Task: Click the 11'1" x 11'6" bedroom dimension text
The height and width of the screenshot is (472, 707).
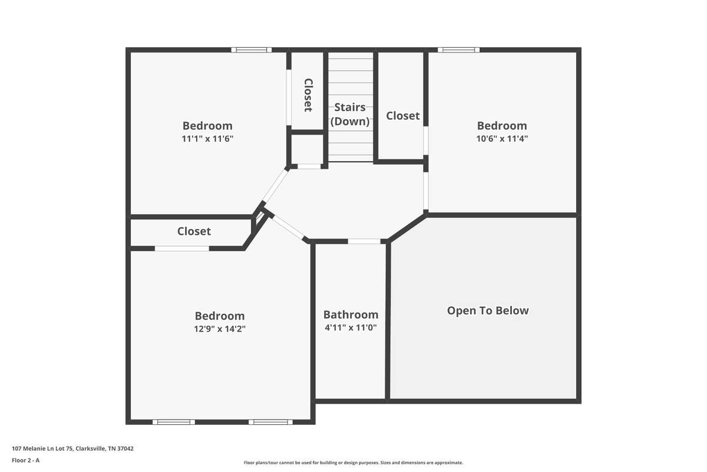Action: point(207,139)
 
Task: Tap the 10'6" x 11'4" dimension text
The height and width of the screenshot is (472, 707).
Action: point(502,139)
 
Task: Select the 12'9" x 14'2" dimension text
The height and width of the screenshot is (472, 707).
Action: point(220,329)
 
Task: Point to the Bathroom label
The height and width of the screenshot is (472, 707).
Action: point(351,314)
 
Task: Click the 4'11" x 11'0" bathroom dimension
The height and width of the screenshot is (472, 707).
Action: point(351,327)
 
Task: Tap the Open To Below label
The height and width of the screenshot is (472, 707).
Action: point(488,311)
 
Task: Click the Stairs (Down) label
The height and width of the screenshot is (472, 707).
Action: point(350,114)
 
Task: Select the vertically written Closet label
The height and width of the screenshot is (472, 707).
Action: point(308,95)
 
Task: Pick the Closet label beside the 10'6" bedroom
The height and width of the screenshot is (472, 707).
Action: point(403,116)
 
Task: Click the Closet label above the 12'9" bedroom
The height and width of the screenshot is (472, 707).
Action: point(194,231)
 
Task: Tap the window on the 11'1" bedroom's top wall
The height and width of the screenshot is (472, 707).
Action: point(251,50)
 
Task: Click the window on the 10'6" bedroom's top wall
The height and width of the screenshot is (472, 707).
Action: point(458,50)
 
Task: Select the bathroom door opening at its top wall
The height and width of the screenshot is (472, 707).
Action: point(364,241)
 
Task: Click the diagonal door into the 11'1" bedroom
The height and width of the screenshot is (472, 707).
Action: point(276,186)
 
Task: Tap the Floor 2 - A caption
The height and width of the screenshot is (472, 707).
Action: point(25,460)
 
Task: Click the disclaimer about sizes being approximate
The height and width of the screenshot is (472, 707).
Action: point(353,463)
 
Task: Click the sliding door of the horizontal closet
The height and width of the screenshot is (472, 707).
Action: point(182,248)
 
